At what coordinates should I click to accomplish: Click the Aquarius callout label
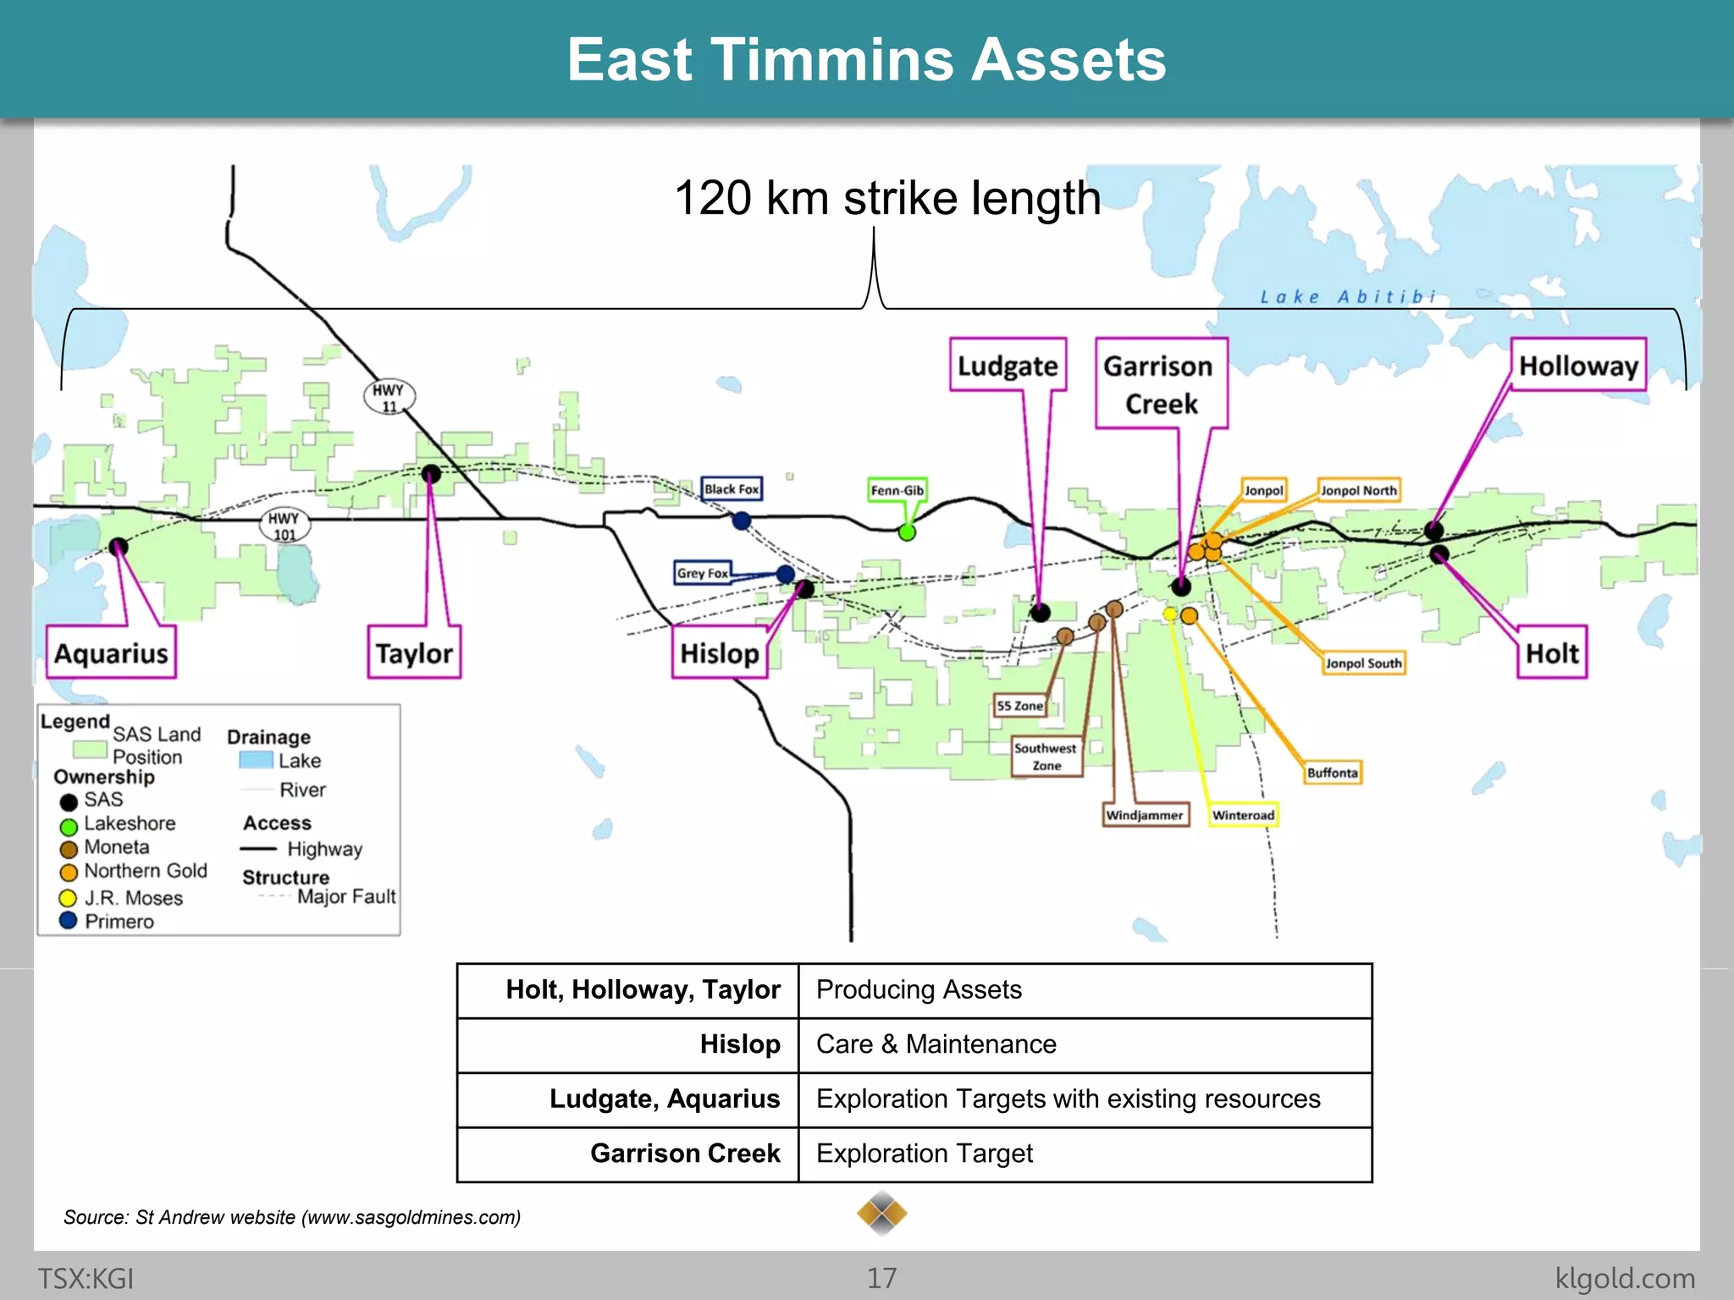[111, 653]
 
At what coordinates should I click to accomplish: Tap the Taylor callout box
[414, 653]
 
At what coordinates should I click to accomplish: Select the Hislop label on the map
[720, 653]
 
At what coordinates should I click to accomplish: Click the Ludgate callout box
[1008, 366]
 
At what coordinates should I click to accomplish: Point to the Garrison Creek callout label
[1160, 384]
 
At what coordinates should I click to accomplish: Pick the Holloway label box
[1578, 366]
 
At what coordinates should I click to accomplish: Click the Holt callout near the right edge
[1551, 653]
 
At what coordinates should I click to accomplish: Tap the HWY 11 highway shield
[389, 397]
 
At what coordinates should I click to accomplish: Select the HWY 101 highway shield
[284, 526]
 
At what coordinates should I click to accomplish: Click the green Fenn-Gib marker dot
[907, 532]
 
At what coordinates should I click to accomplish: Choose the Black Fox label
[732, 489]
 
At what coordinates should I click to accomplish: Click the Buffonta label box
[1332, 773]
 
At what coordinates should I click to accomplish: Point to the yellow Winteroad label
[1242, 815]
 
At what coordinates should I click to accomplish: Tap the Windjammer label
[1145, 815]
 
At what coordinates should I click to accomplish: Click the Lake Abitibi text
[1347, 297]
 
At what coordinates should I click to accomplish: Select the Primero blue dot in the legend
[69, 921]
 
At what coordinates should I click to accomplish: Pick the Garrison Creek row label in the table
[685, 1153]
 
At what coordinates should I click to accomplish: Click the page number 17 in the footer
[881, 1278]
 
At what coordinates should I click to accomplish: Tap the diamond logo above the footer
[881, 1214]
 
